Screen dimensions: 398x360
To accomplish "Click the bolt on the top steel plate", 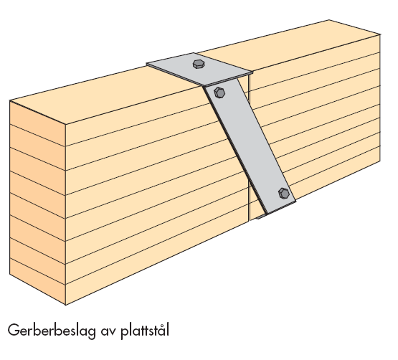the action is tap(199, 64).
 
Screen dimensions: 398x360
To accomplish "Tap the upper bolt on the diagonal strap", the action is tap(219, 93).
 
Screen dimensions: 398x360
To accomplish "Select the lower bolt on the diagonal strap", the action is tap(283, 194).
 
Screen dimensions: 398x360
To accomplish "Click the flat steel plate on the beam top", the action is tap(199, 70).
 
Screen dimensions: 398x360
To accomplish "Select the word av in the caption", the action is tap(108, 331).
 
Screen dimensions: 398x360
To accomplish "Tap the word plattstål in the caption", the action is tap(145, 331).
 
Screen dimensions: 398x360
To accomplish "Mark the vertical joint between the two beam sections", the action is tap(249, 147).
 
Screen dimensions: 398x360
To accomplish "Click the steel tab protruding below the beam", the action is tap(261, 217).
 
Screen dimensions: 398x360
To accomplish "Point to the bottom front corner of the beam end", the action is tap(65, 305).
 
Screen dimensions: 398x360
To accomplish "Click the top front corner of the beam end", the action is tap(65, 124).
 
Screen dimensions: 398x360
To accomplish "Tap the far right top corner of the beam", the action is tap(380, 34).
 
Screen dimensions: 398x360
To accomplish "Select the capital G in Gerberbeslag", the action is tap(13, 330).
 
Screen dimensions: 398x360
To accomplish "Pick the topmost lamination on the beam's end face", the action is tap(37, 123).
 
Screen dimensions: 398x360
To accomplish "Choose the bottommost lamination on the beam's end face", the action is tap(37, 282).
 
